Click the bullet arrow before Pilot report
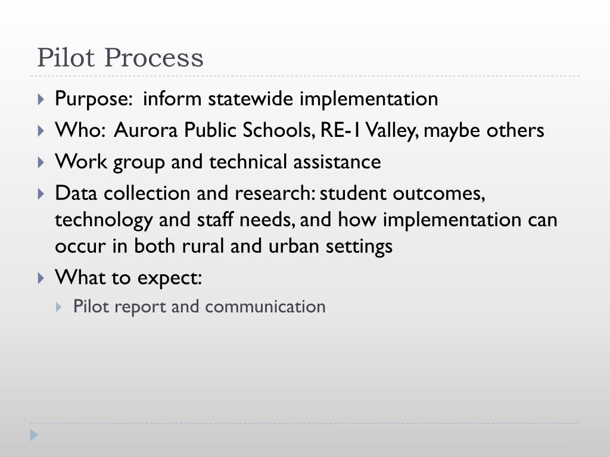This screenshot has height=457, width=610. pyautogui.click(x=58, y=307)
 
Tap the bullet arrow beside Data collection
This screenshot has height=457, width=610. pyautogui.click(x=41, y=194)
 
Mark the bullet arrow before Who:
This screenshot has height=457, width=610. pyautogui.click(x=41, y=131)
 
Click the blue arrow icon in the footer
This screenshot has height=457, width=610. pyautogui.click(x=35, y=435)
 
